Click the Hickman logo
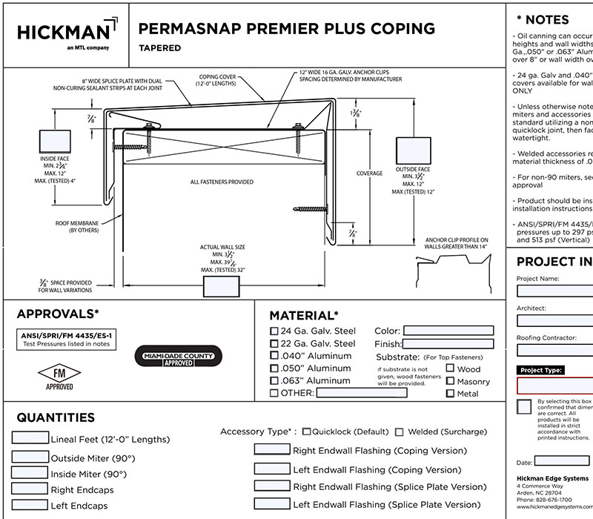65,33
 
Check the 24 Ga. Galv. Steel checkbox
274,331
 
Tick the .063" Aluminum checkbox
274,381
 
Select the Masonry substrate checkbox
450,381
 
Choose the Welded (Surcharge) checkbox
400,432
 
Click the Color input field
448,331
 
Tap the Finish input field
448,344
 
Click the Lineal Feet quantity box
30,438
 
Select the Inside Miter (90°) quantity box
30,473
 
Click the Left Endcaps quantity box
30,505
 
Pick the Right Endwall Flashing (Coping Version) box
272,449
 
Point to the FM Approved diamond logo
59,373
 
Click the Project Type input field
554,386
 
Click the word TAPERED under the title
159,48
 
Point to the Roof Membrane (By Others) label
78,227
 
